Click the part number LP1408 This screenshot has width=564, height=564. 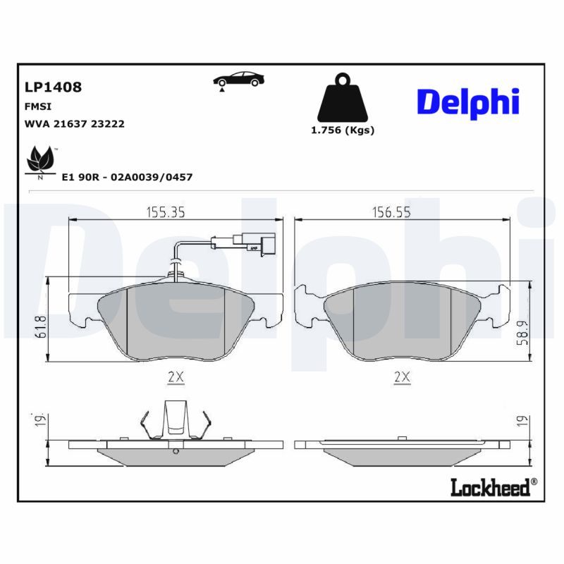53,87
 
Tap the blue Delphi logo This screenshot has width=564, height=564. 467,102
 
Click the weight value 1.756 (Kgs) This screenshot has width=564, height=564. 343,130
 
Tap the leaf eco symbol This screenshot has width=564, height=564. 40,161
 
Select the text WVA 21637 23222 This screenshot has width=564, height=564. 75,123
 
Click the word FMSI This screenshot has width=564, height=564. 37,106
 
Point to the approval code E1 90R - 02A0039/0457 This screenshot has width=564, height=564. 127,178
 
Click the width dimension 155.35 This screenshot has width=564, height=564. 166,211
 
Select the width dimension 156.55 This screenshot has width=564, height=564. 391,211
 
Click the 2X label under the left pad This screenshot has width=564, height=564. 176,377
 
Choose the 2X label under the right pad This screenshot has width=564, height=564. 402,377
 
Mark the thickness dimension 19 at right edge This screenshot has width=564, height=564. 521,420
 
